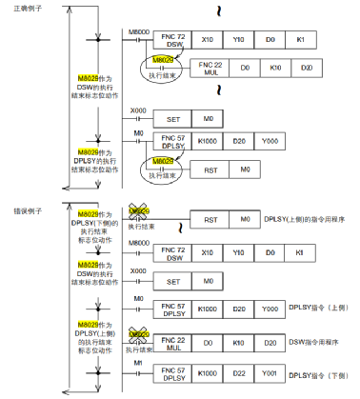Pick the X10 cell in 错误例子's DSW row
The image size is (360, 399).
(x=207, y=254)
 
